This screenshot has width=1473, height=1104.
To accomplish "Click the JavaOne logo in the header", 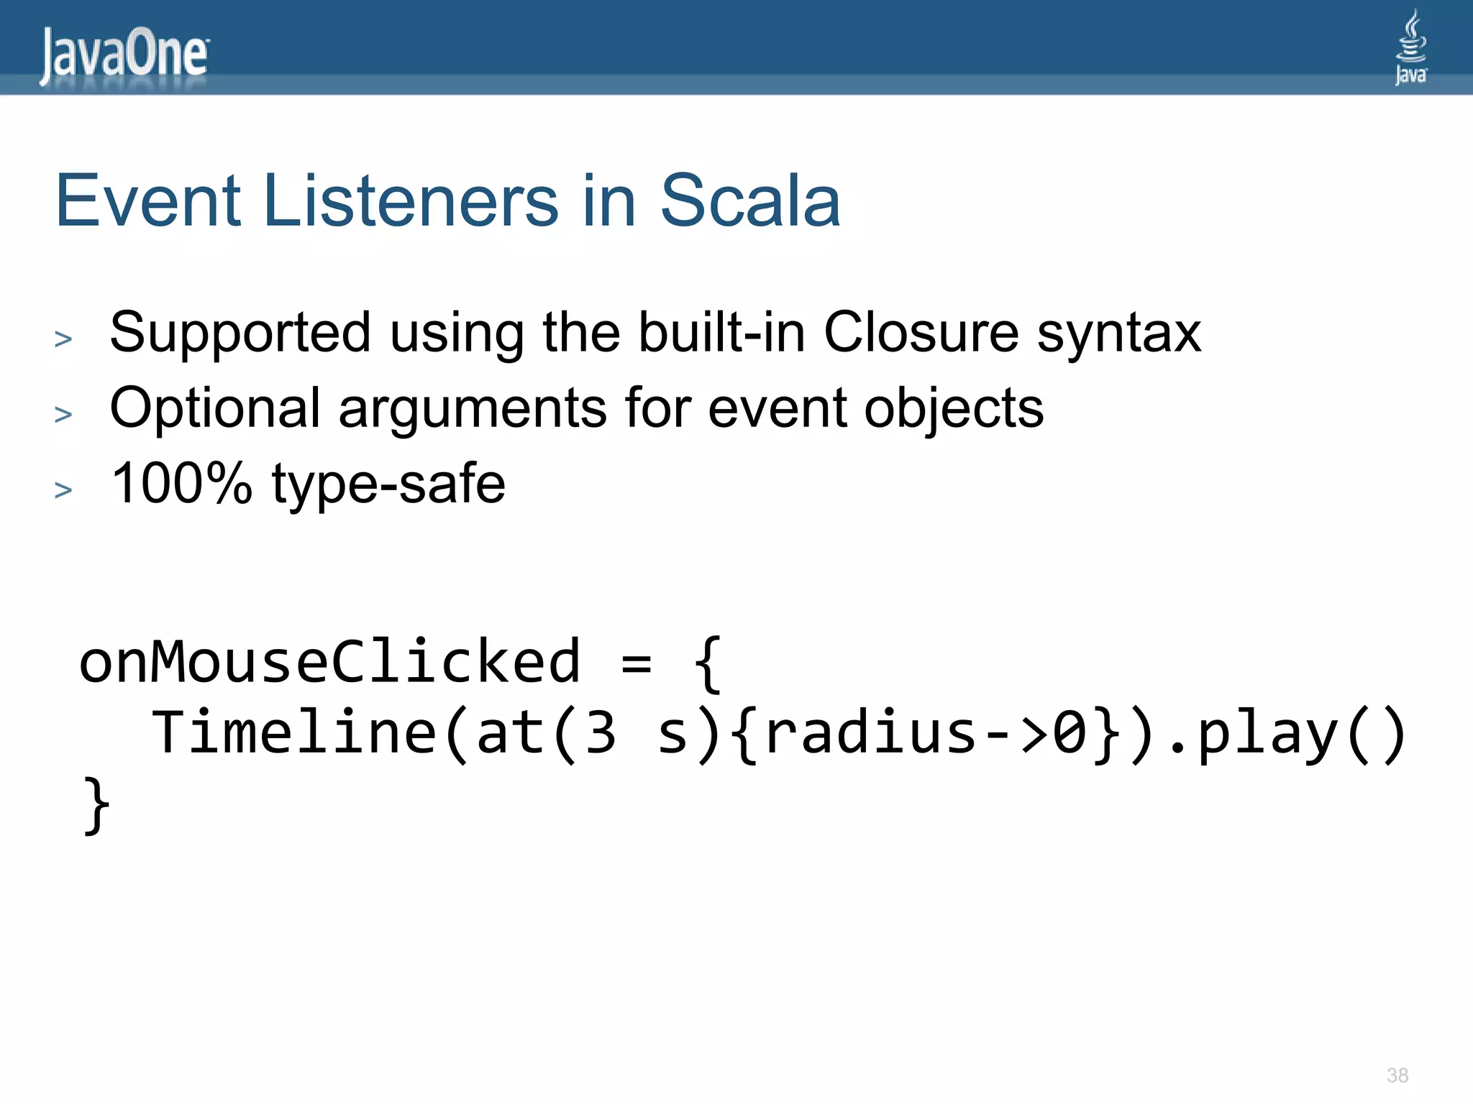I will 124,55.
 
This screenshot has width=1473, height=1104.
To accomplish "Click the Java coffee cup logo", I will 1410,47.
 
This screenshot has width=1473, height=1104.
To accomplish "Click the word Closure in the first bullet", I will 921,332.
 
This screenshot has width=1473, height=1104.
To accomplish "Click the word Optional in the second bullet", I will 214,408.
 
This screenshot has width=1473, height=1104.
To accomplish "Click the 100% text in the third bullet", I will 181,483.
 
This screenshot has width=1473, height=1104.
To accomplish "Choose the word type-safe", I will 388,484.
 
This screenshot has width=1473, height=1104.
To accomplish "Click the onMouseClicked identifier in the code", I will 329,661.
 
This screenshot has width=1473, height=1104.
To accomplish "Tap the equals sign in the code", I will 637,663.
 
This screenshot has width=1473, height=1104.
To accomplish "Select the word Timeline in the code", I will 293,733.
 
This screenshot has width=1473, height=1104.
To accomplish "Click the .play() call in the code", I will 1286,733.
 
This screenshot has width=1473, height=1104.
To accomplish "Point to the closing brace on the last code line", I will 96,805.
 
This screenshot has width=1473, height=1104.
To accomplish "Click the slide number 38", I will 1397,1075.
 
